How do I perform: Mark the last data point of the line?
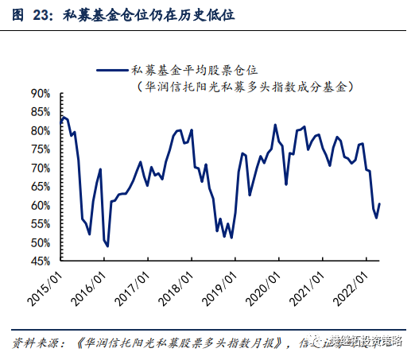click(x=379, y=203)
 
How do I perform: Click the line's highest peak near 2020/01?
click(x=275, y=125)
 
